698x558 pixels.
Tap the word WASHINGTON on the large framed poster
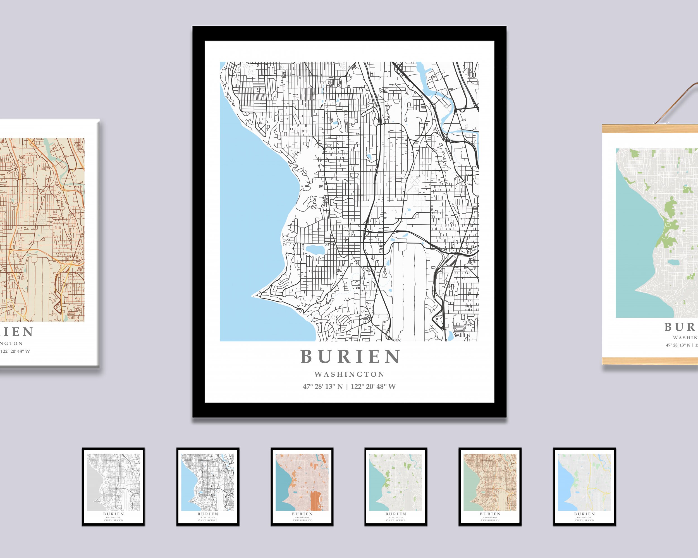pos(350,374)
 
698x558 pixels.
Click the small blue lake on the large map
pos(315,250)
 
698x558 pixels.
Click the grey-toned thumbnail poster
pos(113,487)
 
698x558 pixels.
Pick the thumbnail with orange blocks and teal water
pos(302,487)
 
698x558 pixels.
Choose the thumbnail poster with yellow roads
pos(584,487)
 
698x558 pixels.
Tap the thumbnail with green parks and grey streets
pos(396,487)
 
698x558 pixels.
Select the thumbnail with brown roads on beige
pos(490,487)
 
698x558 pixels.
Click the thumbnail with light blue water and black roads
pos(207,487)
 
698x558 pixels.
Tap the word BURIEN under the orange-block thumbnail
pos(302,514)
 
